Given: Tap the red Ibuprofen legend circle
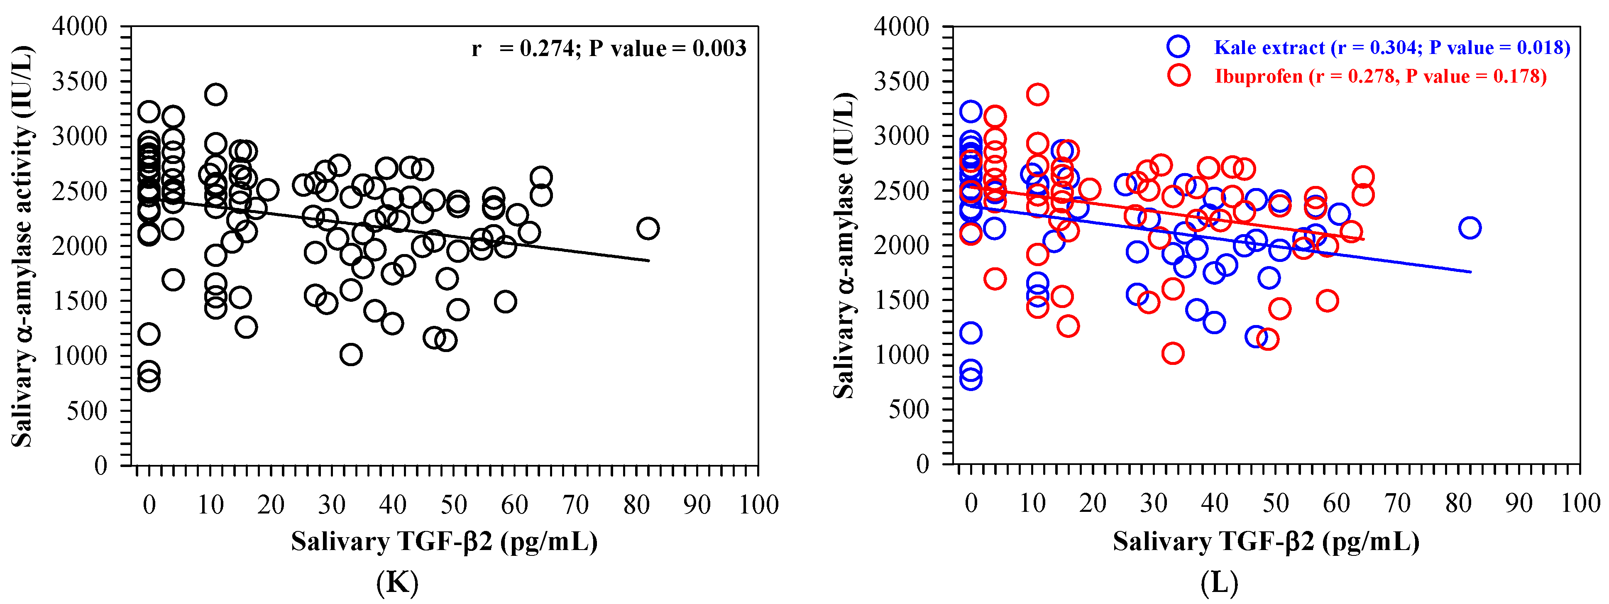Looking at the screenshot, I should pos(1178,76).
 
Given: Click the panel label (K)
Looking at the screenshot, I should pos(397,583).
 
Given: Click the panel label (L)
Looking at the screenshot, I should pos(1219,583).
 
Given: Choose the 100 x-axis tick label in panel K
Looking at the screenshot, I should pos(758,505).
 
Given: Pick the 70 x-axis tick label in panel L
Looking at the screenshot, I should pos(1397,504).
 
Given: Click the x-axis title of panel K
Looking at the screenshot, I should pos(444,542).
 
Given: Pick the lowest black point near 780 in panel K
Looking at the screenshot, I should pos(149,380).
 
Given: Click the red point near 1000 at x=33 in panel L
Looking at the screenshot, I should pos(1173,354).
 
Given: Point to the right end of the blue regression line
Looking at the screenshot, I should pos(1470,272).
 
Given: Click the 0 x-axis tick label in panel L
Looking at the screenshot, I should pos(971,504).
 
